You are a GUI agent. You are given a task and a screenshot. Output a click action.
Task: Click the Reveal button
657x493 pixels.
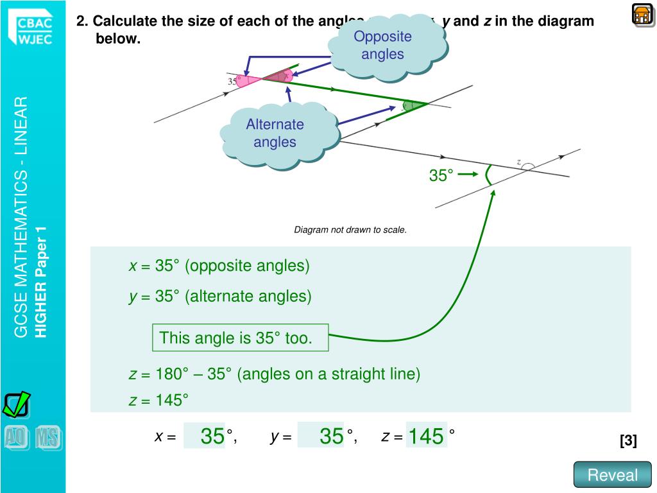click(x=613, y=475)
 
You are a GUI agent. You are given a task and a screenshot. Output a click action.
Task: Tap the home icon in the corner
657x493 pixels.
click(x=642, y=13)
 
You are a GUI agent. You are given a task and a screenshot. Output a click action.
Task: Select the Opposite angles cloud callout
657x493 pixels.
click(x=382, y=46)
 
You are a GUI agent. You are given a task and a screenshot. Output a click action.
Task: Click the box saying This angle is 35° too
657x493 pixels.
click(x=240, y=338)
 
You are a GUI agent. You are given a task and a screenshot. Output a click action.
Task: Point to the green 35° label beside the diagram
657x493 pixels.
click(x=441, y=175)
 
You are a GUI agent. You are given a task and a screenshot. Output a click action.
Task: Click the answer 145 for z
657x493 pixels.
click(x=426, y=437)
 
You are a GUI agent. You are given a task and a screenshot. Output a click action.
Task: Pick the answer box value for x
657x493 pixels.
click(x=212, y=437)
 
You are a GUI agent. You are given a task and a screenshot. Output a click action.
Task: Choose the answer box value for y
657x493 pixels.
click(x=331, y=437)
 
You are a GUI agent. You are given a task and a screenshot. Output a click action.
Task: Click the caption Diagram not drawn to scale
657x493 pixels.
click(x=350, y=230)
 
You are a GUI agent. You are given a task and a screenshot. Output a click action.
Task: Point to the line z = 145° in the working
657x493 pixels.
click(x=158, y=401)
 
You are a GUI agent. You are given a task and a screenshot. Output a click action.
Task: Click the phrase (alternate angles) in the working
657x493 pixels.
click(x=248, y=296)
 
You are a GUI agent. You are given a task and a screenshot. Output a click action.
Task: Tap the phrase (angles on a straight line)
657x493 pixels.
click(x=328, y=374)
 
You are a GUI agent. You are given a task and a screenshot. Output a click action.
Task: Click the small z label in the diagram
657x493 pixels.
click(x=518, y=162)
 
